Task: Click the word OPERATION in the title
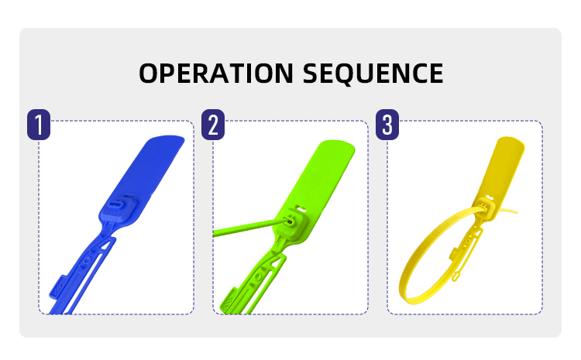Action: click(216, 73)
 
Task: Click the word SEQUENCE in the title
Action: click(373, 74)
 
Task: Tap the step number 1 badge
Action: click(39, 125)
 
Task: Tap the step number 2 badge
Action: click(213, 125)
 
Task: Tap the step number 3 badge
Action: click(387, 125)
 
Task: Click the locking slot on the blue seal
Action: click(117, 204)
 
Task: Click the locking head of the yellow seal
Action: click(486, 207)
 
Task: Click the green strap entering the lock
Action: click(249, 228)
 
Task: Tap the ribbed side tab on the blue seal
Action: click(57, 286)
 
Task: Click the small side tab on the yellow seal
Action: click(454, 255)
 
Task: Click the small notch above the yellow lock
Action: click(490, 197)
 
